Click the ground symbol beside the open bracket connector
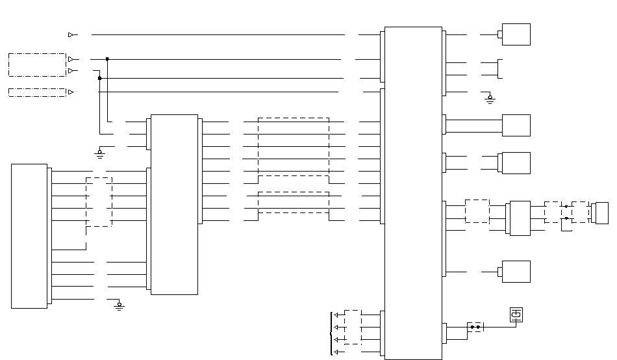point(490,99)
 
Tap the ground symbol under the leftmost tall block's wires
point(119,305)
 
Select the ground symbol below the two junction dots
point(99,153)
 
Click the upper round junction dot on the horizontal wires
point(107,59)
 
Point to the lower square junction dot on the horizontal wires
point(99,79)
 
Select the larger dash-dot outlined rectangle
point(37,65)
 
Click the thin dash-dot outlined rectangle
point(37,92)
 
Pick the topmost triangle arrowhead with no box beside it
point(71,34)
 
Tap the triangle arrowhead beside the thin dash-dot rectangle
point(71,92)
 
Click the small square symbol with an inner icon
point(516,315)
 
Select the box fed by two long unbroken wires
point(516,125)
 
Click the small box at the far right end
point(601,212)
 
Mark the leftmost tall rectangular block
point(29,236)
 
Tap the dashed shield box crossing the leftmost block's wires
point(99,202)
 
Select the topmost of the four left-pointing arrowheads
point(336,315)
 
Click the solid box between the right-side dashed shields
point(520,218)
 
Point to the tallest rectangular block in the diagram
point(413,193)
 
